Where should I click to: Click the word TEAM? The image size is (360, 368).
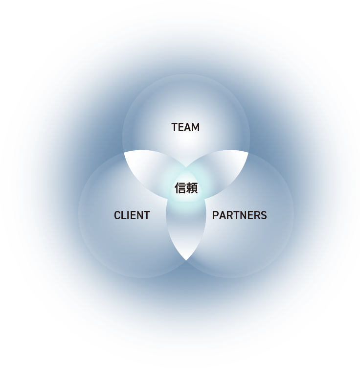(x=185, y=127)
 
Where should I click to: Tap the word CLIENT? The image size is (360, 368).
(x=132, y=215)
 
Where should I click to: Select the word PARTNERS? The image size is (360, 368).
(x=239, y=215)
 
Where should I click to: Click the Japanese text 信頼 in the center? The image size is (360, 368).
(x=186, y=188)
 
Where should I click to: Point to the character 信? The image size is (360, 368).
(x=180, y=188)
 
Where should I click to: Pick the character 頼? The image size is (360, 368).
(x=192, y=188)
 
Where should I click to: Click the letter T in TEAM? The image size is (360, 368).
(x=174, y=127)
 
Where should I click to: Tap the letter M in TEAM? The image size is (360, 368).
(x=196, y=127)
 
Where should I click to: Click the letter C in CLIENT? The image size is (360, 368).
(x=117, y=215)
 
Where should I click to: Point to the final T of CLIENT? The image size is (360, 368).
(x=147, y=215)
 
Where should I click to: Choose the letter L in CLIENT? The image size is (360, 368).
(x=123, y=215)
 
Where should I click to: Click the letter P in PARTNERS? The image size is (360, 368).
(x=215, y=215)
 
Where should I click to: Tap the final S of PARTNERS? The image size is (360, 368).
(x=264, y=215)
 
